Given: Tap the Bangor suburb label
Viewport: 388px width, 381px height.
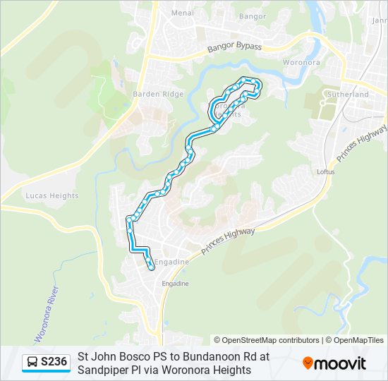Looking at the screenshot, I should click(252, 16).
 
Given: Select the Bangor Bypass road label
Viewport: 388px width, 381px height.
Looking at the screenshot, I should click(234, 48).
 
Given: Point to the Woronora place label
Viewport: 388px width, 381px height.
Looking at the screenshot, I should click(301, 62).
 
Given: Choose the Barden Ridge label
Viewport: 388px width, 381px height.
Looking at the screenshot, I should click(158, 94).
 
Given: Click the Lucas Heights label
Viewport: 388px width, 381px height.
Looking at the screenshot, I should click(51, 195).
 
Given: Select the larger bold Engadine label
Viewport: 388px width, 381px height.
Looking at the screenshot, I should click(172, 261).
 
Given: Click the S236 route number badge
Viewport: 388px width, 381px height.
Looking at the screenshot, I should click(54, 363).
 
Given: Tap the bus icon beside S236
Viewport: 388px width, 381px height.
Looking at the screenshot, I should click(32, 363).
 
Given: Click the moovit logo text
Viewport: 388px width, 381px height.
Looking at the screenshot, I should click(340, 363).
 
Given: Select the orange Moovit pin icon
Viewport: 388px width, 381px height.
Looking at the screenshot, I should click(308, 363).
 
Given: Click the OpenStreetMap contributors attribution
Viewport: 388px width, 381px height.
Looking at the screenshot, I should click(267, 340).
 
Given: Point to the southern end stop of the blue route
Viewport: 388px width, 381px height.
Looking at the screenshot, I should click(152, 267).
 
